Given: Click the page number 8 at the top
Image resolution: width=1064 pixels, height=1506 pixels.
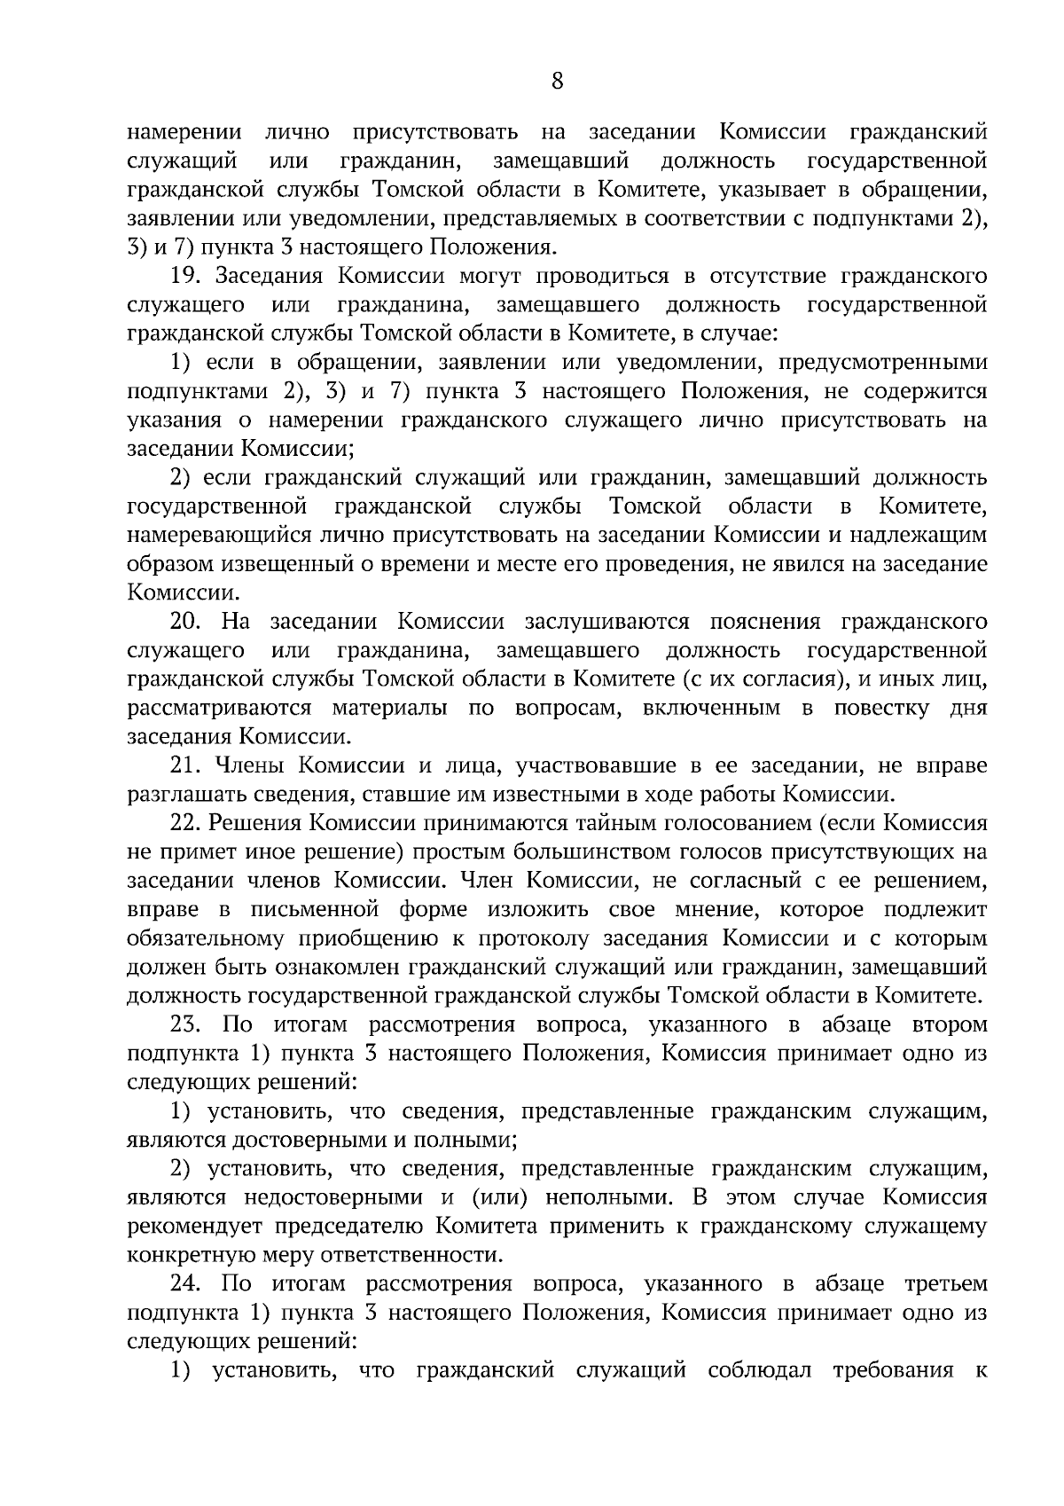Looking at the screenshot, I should tap(557, 82).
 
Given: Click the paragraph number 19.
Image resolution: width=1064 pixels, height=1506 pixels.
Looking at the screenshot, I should tap(187, 276).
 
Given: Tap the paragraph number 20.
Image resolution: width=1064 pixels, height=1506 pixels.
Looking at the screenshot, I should tap(188, 622).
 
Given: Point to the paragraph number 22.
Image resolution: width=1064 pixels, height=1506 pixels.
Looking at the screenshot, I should tap(187, 823).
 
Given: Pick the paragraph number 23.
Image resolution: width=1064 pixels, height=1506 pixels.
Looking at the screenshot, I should tap(188, 1025).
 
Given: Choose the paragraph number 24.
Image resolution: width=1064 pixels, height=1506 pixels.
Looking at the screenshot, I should tap(188, 1284).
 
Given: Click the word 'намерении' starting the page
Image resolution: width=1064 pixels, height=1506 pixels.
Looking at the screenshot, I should tap(185, 132).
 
